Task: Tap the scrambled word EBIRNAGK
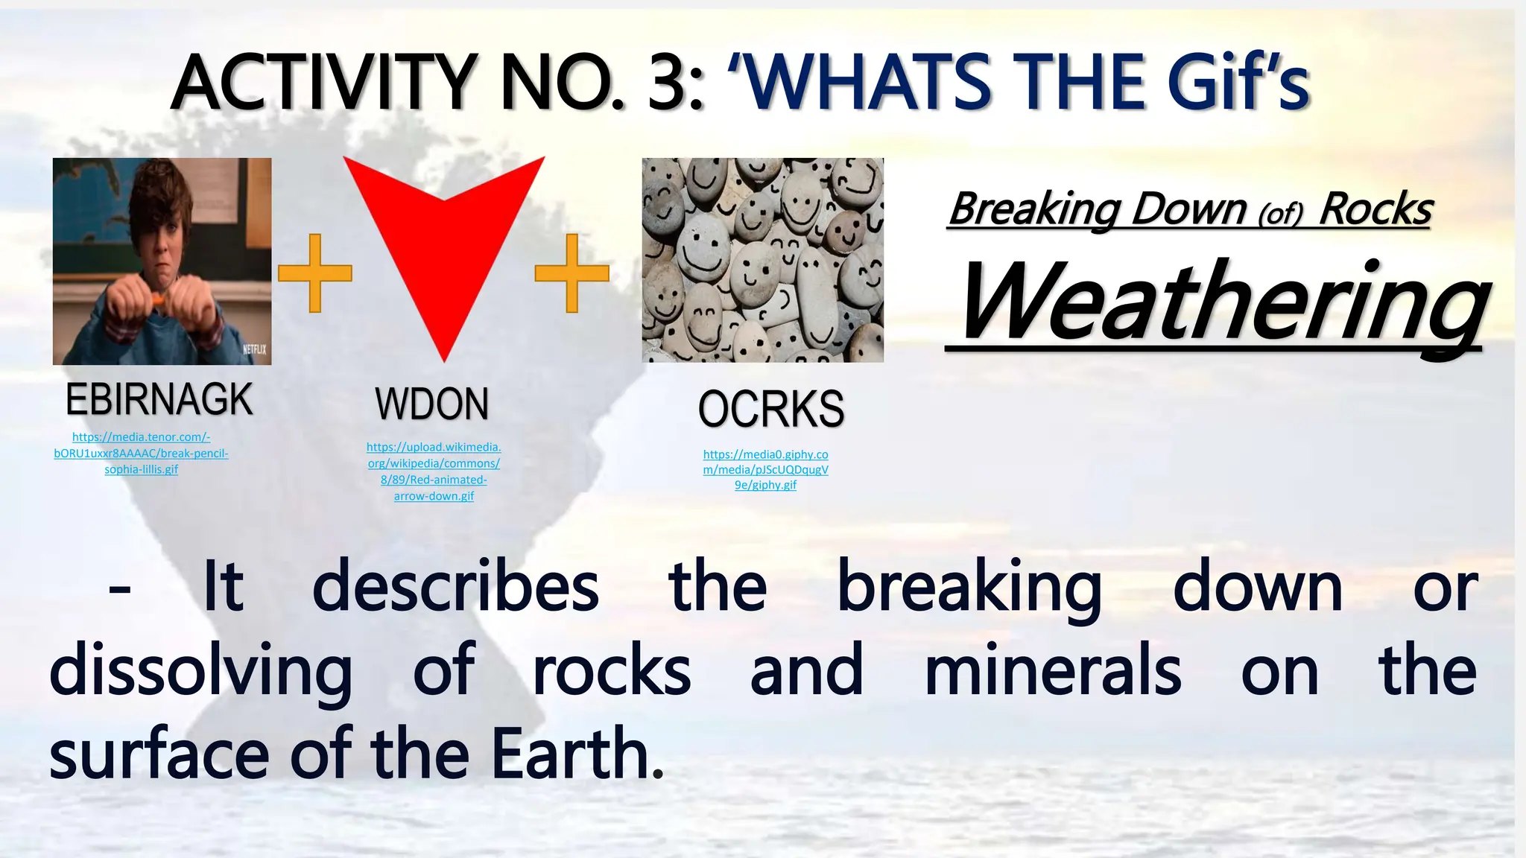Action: pos(159,400)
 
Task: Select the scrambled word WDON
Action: pos(432,404)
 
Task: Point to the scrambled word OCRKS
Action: pos(770,410)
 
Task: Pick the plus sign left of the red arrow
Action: pos(314,273)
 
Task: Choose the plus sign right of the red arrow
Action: pos(572,273)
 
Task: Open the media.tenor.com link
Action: pos(142,453)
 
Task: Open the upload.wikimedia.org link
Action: pos(434,471)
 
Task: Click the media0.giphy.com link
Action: pos(765,469)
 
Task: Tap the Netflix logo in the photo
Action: pos(254,350)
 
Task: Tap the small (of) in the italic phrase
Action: pos(1280,214)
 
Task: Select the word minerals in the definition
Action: pos(1052,670)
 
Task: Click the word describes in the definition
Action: pos(455,587)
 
